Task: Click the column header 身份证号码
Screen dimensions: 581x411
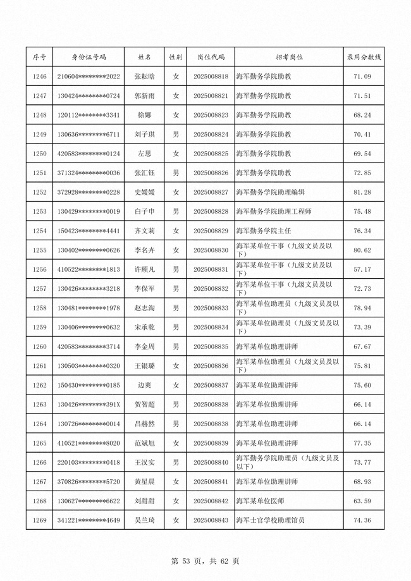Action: [89, 57]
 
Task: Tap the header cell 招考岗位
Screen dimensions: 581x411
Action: [289, 57]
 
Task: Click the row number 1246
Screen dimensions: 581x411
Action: [39, 76]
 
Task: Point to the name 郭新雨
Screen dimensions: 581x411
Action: [144, 96]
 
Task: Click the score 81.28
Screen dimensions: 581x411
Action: [362, 192]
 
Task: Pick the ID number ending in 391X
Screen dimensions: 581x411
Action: [89, 405]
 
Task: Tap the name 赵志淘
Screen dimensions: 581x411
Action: [144, 308]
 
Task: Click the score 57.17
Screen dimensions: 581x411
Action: [362, 269]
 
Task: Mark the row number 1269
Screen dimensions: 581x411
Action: [39, 520]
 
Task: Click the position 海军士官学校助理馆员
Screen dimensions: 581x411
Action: [270, 520]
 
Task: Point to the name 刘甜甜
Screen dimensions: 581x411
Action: [144, 501]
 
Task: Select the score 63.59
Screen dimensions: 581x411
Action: [362, 501]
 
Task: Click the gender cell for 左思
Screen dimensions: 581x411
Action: [176, 154]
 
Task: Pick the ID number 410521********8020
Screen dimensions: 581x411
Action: [89, 443]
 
